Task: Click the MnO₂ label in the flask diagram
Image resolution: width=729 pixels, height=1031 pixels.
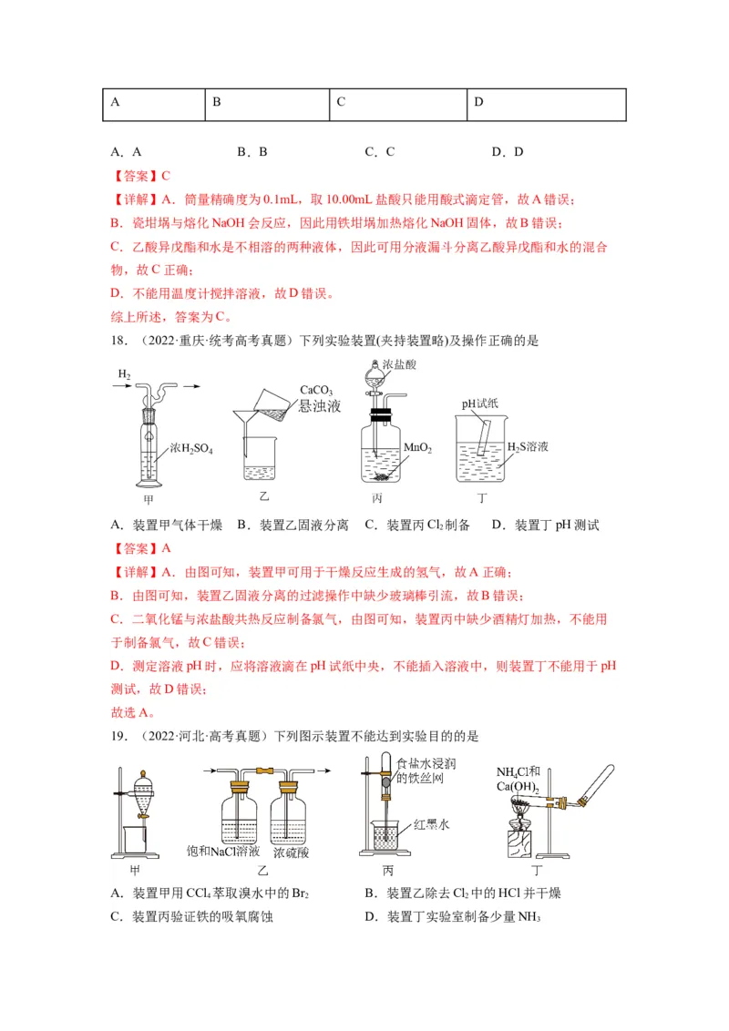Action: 417,449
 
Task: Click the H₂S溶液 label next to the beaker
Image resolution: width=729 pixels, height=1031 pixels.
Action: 527,447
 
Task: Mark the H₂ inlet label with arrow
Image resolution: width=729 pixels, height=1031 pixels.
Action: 124,374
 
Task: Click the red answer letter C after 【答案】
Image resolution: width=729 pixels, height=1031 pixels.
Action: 166,176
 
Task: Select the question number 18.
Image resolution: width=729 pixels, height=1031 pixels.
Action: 118,341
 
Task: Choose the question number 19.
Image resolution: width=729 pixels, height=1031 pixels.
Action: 118,736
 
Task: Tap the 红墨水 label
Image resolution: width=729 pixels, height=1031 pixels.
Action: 432,824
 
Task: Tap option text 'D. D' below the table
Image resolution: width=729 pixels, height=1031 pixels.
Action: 508,152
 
